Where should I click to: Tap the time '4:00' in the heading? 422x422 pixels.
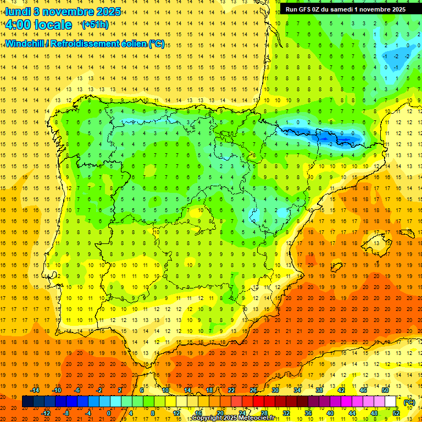pyautogui.click(x=19, y=25)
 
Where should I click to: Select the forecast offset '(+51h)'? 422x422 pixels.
pyautogui.click(x=95, y=25)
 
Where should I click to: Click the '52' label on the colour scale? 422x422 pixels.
pyautogui.click(x=396, y=413)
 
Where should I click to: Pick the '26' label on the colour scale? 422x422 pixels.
pyautogui.click(x=253, y=390)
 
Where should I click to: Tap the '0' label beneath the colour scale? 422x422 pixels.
pyautogui.click(x=108, y=413)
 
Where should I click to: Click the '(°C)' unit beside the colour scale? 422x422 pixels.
pyautogui.click(x=409, y=402)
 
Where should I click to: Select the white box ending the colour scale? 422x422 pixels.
pyautogui.click(x=391, y=402)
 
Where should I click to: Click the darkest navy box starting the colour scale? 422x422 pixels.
pyautogui.click(x=27, y=402)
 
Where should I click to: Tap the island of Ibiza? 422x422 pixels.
pyautogui.click(x=337, y=266)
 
